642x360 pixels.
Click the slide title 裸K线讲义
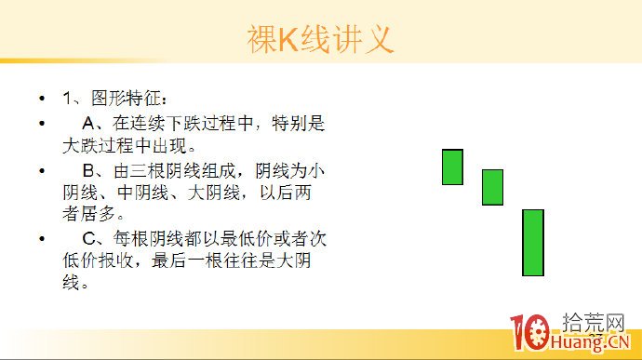coord(320,39)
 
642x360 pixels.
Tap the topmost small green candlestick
coord(452,167)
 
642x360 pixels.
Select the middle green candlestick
coord(492,187)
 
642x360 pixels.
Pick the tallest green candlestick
coord(532,243)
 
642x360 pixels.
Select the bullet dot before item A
coord(41,124)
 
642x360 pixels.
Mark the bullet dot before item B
coord(41,172)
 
